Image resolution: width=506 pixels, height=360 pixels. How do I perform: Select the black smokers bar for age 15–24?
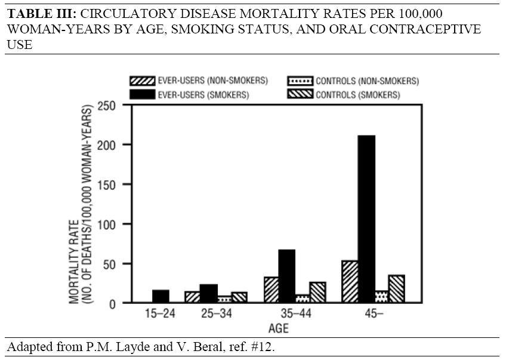click(x=161, y=297)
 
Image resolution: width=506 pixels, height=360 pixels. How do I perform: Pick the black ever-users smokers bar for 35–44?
click(x=286, y=276)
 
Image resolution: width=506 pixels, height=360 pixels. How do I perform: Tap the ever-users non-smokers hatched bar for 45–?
click(x=350, y=282)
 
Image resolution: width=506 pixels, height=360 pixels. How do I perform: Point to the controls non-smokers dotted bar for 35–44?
click(x=302, y=299)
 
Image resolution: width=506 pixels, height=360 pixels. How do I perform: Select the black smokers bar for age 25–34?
click(x=209, y=294)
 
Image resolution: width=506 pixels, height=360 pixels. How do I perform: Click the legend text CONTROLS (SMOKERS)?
click(x=357, y=95)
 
